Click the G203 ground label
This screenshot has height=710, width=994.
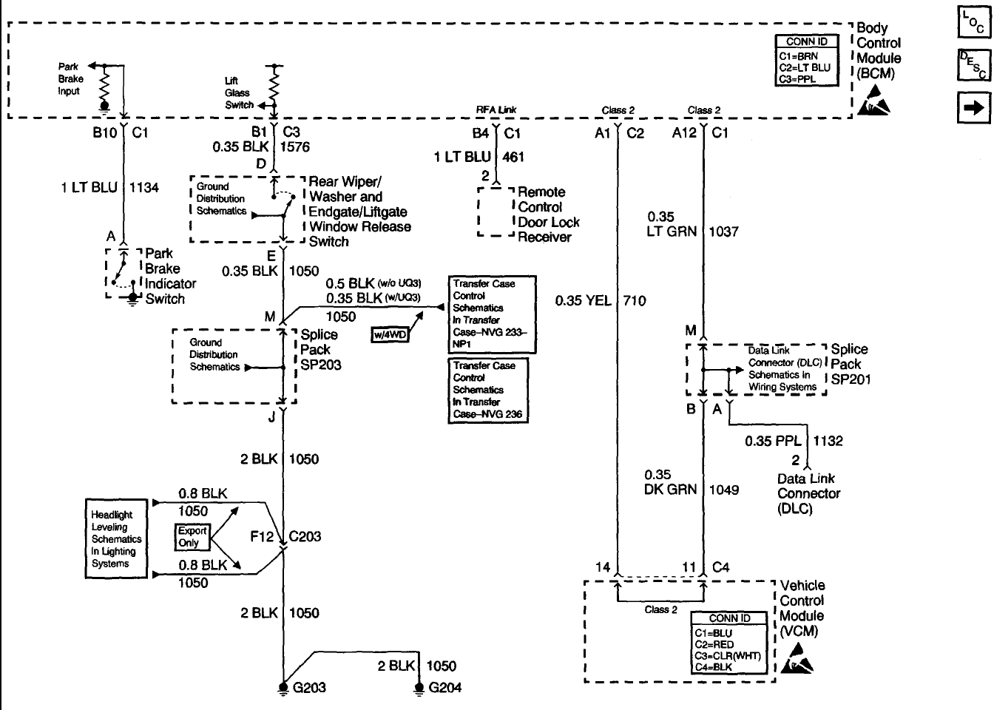click(308, 688)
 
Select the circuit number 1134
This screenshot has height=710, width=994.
click(144, 188)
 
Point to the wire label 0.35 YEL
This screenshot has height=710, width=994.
click(582, 300)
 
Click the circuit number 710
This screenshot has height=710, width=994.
click(635, 300)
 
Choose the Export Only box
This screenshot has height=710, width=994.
click(192, 536)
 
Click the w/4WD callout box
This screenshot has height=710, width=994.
click(389, 335)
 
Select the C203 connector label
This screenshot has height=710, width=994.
click(305, 536)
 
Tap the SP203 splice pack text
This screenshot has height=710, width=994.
click(320, 365)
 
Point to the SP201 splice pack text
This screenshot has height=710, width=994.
click(851, 379)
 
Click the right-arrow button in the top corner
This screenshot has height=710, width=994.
click(973, 107)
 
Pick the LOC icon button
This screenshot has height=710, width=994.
click(973, 24)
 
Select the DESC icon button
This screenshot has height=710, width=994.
click(973, 65)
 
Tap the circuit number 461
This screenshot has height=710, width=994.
click(513, 157)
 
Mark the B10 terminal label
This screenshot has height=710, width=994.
click(104, 134)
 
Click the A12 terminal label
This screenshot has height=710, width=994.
click(685, 134)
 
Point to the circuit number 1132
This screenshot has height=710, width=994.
click(828, 441)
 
